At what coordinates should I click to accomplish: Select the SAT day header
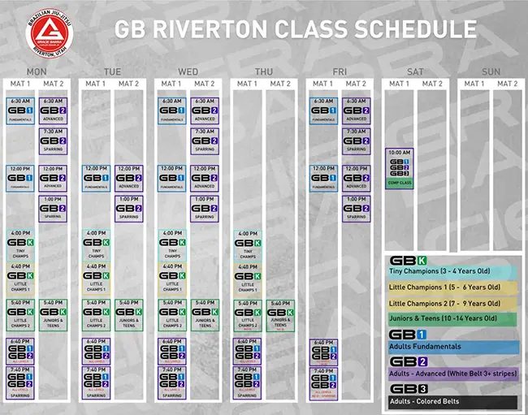(415, 71)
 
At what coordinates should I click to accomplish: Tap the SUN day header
(491, 71)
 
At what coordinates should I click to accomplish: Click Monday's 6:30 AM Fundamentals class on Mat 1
(20, 110)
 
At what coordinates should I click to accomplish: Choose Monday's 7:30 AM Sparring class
(53, 140)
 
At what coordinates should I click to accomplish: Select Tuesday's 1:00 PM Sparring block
(128, 208)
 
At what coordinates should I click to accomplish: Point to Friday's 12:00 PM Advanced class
(355, 178)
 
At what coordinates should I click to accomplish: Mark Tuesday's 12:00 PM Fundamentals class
(96, 178)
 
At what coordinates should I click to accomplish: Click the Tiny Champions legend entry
(451, 271)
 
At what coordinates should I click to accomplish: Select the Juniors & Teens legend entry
(451, 318)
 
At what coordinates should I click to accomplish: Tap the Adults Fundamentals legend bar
(451, 347)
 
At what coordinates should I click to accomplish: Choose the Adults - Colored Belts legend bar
(451, 401)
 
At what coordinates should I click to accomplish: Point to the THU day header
(264, 71)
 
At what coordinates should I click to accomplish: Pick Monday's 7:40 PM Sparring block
(20, 380)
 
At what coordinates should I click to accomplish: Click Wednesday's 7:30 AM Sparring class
(204, 140)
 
